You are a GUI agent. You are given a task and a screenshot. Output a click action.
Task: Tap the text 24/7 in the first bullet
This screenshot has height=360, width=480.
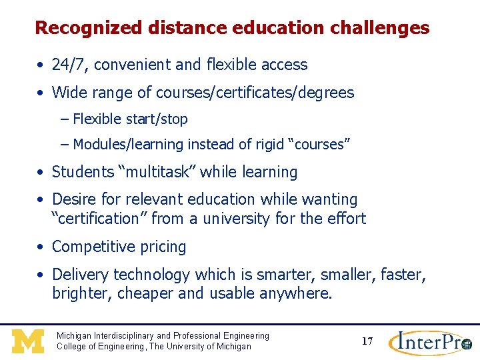67,65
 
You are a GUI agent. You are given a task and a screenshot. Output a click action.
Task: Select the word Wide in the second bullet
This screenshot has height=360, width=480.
69,93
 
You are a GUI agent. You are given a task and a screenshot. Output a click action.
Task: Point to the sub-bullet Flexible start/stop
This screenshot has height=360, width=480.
130,119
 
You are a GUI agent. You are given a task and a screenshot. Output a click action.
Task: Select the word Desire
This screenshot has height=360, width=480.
73,199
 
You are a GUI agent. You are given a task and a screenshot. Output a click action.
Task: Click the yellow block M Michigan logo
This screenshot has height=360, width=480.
28,341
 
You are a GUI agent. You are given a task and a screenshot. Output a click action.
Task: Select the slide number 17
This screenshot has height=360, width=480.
367,341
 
